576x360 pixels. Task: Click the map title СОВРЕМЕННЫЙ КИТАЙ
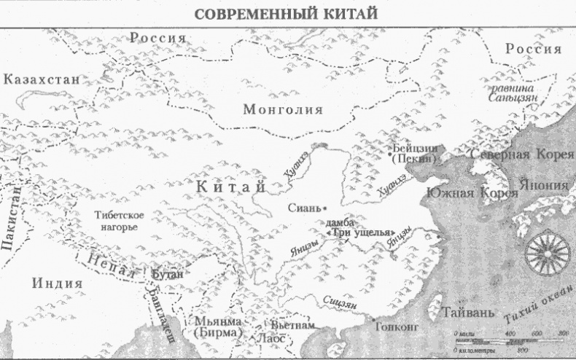point(288,13)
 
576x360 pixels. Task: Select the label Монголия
point(283,110)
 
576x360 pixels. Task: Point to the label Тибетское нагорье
point(117,221)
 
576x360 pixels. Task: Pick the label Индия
point(57,283)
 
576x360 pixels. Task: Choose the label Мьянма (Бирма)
point(214,327)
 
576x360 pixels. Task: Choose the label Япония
point(545,185)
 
